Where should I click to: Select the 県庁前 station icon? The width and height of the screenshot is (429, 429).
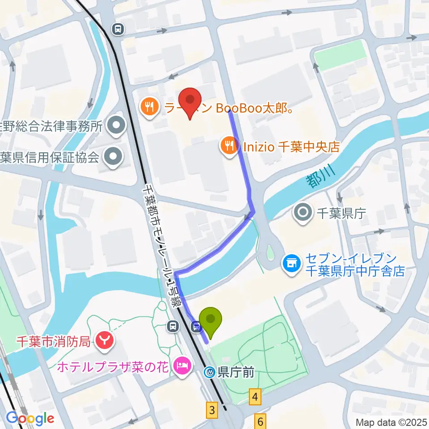[x=210, y=372]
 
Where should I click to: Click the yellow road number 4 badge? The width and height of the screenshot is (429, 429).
[x=255, y=396]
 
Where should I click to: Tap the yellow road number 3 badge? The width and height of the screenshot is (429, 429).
[x=212, y=409]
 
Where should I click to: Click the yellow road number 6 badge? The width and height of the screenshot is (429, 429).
[x=261, y=421]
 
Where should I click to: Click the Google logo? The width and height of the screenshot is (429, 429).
[x=30, y=418]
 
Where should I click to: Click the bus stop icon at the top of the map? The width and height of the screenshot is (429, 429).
[x=118, y=29]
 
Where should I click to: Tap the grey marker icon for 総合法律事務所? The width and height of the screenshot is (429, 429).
[x=117, y=126]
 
